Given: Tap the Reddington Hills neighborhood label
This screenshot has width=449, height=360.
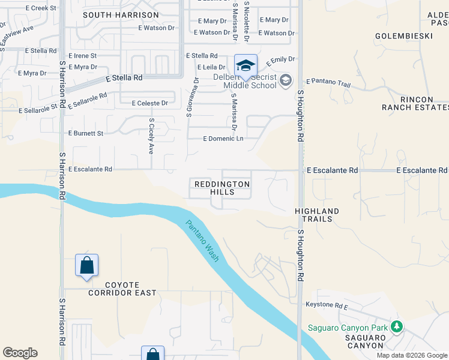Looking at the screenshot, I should click(221, 187).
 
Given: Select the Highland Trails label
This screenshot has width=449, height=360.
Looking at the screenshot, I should click(317, 215).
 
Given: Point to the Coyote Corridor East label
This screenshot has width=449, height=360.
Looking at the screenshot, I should click(122, 289).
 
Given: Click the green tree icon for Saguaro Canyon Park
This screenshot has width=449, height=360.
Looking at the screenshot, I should click(396, 326).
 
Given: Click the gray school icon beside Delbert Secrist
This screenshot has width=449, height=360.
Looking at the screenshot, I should click(286, 80).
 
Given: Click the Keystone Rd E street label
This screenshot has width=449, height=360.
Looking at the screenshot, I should click(327, 305).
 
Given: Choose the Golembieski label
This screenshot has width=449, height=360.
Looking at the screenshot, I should click(403, 36).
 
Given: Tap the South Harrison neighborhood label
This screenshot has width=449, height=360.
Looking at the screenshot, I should click(121, 14).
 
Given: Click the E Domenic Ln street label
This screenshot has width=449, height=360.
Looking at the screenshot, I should click(223, 139).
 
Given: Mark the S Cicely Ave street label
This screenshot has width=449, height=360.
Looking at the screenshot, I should click(151, 136).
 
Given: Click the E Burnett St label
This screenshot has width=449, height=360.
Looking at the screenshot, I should click(86, 133).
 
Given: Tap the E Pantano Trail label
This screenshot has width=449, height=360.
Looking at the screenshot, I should click(328, 82).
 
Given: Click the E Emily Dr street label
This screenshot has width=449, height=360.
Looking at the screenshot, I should click(281, 60).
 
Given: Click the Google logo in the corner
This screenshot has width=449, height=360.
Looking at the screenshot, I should click(20, 353).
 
